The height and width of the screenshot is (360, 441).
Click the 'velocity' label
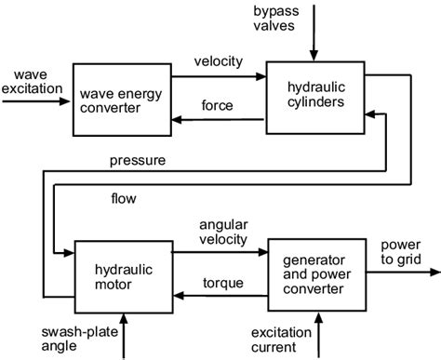click(218, 61)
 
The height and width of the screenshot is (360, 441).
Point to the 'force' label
click(218, 105)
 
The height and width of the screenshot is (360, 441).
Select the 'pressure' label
click(137, 161)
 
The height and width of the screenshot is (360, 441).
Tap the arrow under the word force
click(218, 119)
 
